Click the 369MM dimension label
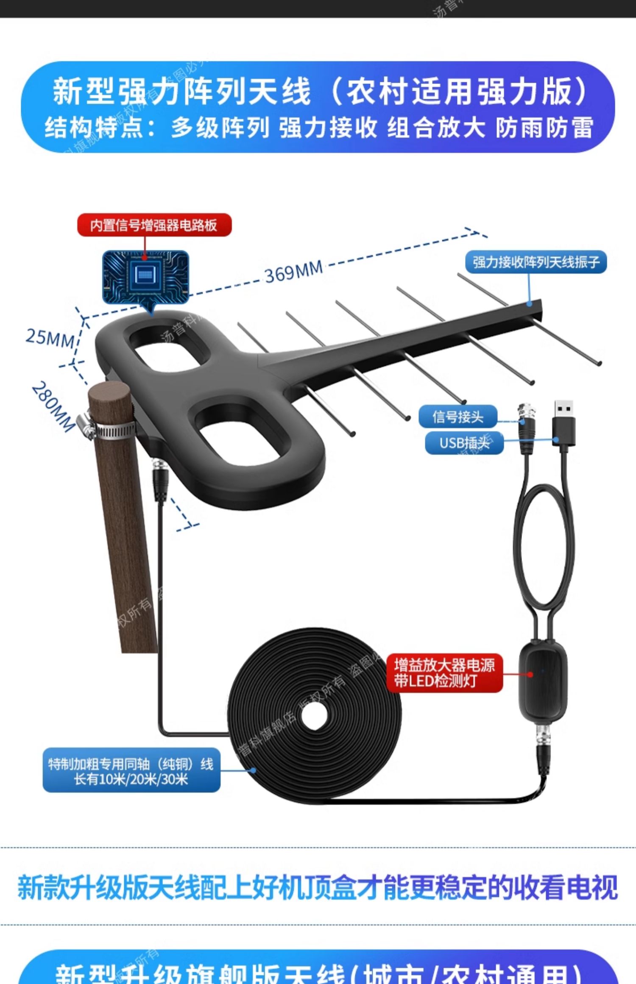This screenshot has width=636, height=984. [x=294, y=272]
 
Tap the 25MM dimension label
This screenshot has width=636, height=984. [x=49, y=338]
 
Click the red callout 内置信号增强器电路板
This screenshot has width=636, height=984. [x=154, y=225]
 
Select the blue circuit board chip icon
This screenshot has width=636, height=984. [x=145, y=277]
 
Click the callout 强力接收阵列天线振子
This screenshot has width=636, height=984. [x=536, y=262]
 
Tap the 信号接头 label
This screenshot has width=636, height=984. [x=457, y=417]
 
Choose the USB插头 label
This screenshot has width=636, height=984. [x=464, y=443]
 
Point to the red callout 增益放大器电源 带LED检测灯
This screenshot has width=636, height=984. [x=444, y=673]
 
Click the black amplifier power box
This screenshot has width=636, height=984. [x=543, y=674]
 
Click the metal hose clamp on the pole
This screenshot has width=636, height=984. [x=106, y=430]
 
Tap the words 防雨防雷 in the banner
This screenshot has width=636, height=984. [x=544, y=128]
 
